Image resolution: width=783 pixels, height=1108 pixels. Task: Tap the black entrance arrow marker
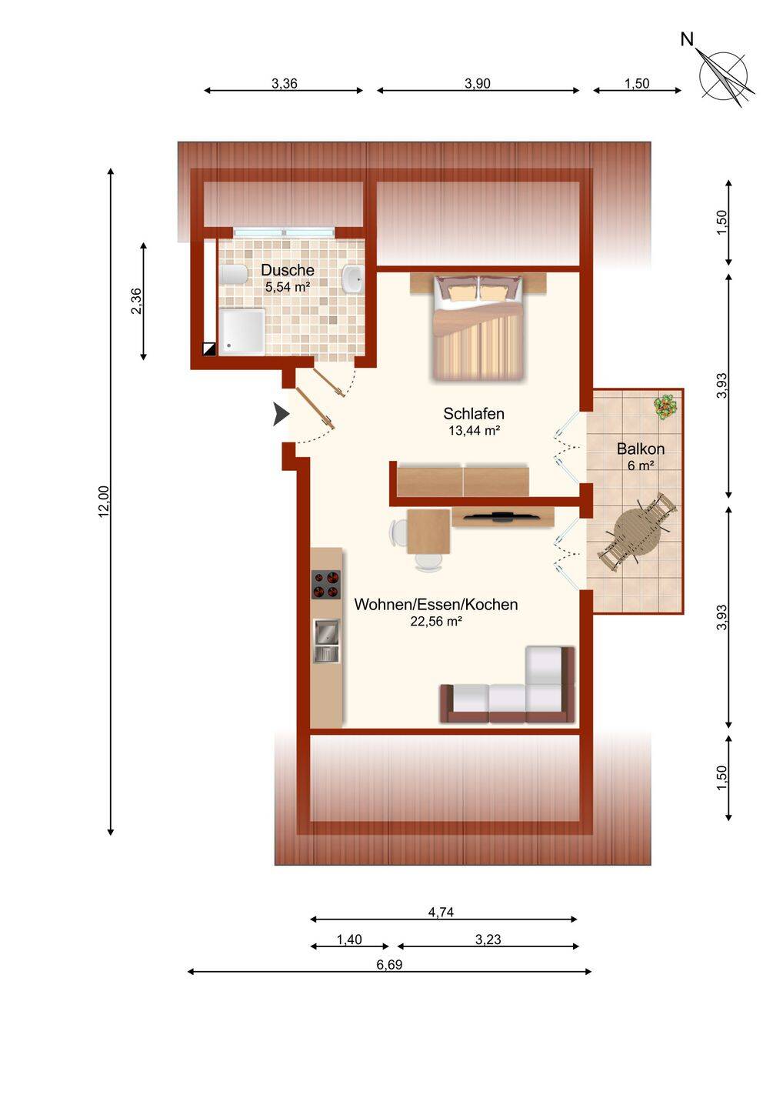point(282,414)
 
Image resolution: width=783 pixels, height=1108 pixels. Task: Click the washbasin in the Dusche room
point(353,278)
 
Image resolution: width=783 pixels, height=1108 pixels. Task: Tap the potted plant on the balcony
point(665,406)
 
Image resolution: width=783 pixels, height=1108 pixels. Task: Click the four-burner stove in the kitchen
point(326,585)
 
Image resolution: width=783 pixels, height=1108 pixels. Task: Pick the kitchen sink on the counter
point(326,640)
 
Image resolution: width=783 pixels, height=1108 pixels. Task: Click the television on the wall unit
point(501,517)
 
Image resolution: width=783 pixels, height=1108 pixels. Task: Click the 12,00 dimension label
point(104,502)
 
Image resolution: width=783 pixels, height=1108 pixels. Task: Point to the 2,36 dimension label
point(136,301)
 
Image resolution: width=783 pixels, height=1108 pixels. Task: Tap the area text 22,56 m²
point(436,622)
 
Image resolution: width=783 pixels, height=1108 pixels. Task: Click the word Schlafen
point(474,413)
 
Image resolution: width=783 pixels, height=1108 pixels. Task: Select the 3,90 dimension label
point(478,84)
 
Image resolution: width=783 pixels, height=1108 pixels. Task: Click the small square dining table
point(428,532)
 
